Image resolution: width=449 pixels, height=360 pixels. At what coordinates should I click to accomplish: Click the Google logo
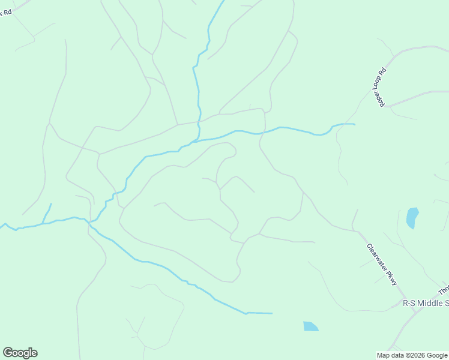(20, 353)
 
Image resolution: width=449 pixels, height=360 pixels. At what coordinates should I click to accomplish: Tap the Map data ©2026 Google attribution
(412, 355)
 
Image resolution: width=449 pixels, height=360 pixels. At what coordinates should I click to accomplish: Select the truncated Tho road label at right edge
(443, 291)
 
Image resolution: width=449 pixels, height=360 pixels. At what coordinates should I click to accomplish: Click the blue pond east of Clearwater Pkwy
(412, 217)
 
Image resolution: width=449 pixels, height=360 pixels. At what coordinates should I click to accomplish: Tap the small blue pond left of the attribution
(310, 326)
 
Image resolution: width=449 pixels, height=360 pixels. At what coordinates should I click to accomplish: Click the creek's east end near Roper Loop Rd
(354, 124)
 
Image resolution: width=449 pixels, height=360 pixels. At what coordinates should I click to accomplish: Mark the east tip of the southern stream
(271, 313)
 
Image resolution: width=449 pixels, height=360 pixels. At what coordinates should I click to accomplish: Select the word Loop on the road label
(381, 84)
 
